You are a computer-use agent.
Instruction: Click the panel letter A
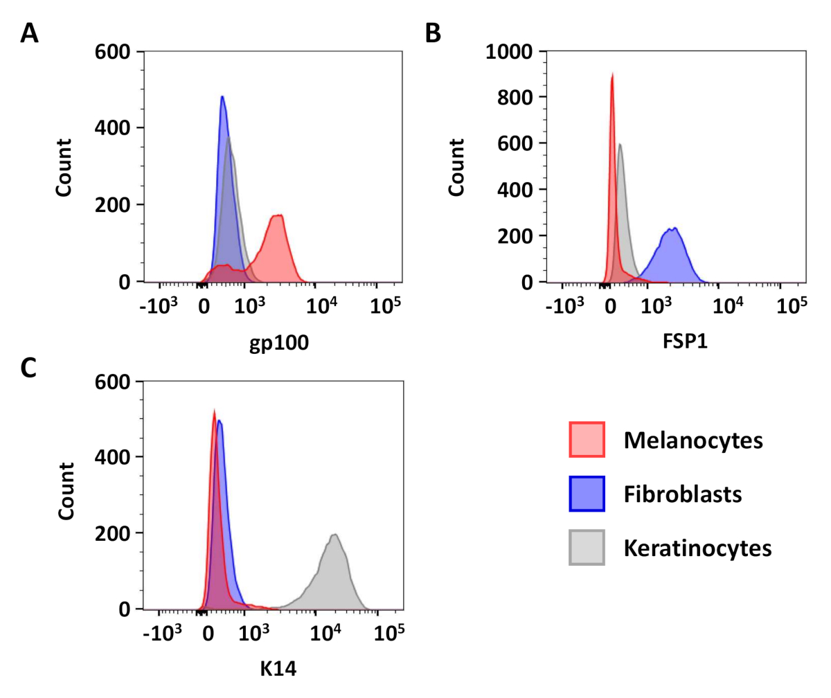click(x=29, y=32)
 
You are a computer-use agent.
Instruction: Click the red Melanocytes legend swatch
click(x=587, y=440)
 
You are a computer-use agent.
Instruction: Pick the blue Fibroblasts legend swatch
click(x=587, y=494)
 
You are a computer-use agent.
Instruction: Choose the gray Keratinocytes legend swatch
click(x=587, y=548)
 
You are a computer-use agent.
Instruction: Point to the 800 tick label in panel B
click(x=518, y=98)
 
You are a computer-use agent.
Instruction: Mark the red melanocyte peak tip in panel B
click(x=612, y=74)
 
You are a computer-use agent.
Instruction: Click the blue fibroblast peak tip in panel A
click(x=222, y=96)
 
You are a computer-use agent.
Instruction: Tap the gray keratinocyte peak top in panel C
click(x=334, y=534)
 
